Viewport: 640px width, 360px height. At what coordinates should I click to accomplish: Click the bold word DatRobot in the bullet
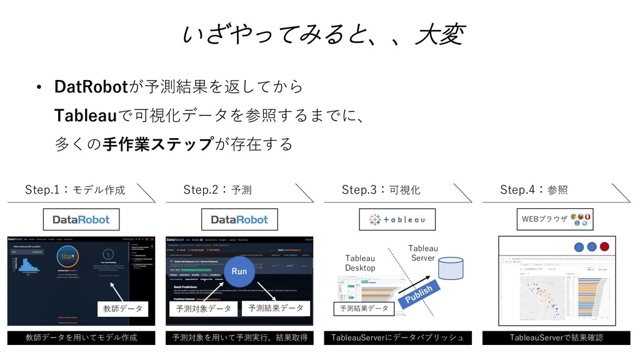coord(91,86)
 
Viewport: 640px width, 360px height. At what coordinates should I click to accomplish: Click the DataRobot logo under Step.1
coord(81,219)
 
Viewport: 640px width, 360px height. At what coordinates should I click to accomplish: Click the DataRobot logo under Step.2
coord(239,219)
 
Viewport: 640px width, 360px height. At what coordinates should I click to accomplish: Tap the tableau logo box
coord(397,219)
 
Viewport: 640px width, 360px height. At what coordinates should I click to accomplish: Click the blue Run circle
coord(239,272)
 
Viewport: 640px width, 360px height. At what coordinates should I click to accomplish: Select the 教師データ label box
coord(122,308)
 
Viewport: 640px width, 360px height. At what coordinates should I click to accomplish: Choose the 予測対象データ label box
coord(203,309)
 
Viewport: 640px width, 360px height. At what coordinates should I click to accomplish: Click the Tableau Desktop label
coord(360,263)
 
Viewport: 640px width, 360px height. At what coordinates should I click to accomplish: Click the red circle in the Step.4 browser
coord(604,246)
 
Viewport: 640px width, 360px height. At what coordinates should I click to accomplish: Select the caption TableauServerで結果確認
coord(556,337)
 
